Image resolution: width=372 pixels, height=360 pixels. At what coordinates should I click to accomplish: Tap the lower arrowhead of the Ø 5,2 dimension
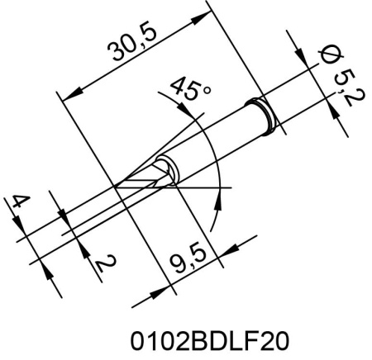pyautogui.click(x=338, y=121)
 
